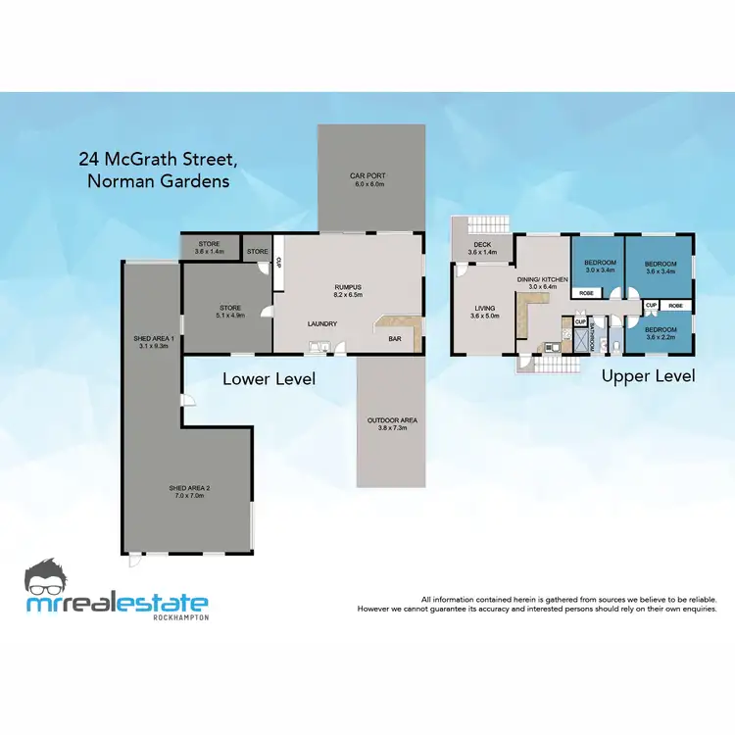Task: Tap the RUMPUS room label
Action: (348, 291)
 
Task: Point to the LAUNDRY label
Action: (322, 324)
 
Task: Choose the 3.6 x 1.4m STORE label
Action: (210, 247)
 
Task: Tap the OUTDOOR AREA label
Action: (391, 423)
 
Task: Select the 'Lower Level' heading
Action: (269, 378)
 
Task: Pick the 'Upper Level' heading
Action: (649, 376)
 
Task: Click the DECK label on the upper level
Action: (483, 249)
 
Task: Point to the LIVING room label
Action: (484, 312)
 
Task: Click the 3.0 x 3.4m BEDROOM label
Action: (599, 267)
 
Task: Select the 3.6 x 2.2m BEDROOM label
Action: (660, 333)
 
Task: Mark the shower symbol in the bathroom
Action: (582, 338)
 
